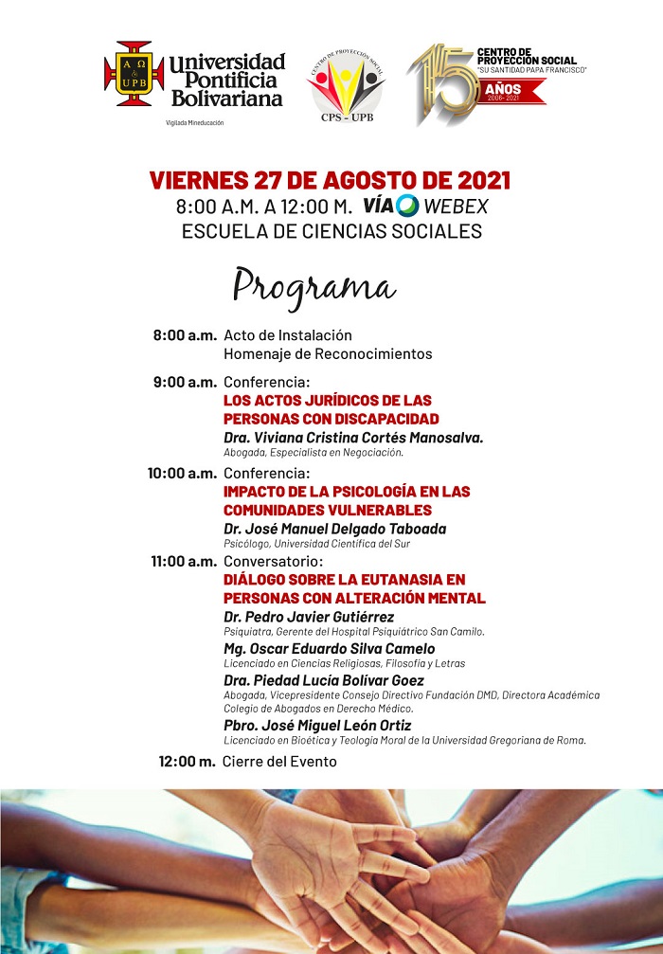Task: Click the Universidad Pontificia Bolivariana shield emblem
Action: pos(134,74)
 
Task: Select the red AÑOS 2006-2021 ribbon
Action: pos(511,92)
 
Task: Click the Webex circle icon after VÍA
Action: pos(408,206)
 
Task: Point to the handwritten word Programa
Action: pos(314,285)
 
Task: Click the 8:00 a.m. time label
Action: pos(186,335)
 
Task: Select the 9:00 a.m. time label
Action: pos(186,383)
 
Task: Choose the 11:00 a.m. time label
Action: pos(184,562)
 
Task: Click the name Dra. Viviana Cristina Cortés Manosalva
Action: pos(353,437)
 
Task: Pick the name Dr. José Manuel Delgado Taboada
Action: pos(334,529)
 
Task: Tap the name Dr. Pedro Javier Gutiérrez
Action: pos(309,617)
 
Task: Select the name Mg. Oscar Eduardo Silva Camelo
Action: pos(330,649)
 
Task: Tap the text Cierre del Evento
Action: pos(279,762)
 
